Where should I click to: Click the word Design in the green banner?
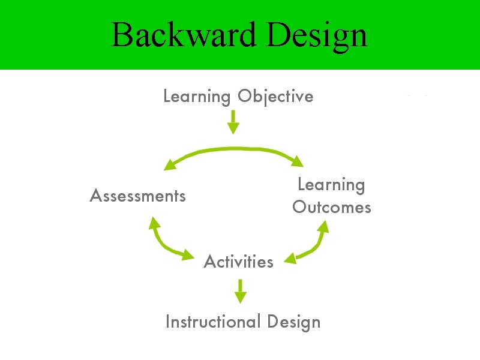coord(317,36)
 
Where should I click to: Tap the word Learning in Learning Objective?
coord(197,97)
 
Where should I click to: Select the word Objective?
coord(275,97)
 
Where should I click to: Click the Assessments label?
coord(137,196)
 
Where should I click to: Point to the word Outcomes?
coord(331,208)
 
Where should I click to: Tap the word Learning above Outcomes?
coord(331,185)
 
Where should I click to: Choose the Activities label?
coord(238,262)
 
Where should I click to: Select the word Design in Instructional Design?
coord(294,322)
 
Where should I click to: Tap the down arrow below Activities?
coord(240,291)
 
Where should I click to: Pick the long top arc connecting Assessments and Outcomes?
coord(234,149)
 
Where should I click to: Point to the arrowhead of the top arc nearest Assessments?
coord(170,164)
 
